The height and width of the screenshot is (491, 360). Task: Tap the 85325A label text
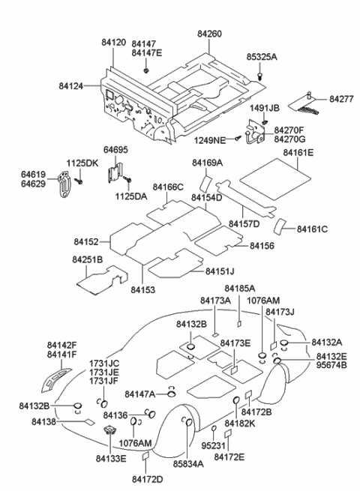[261, 57]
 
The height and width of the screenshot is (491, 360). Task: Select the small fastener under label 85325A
[259, 75]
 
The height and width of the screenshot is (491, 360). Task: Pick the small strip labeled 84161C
[280, 226]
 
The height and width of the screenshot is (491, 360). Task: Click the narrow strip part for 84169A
[205, 182]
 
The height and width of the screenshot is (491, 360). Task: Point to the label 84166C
[168, 187]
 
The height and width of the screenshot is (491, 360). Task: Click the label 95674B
[331, 366]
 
